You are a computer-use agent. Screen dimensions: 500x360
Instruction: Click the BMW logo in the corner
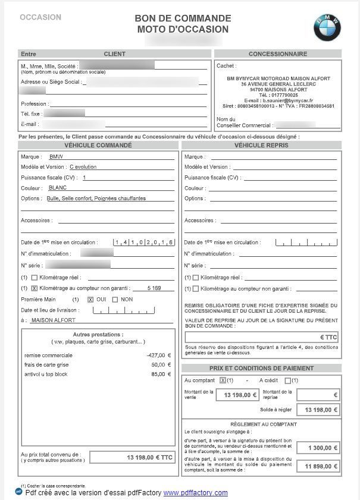(328, 27)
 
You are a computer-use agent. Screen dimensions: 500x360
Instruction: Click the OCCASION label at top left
(40, 17)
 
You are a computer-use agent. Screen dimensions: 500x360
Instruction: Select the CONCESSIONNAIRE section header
(277, 54)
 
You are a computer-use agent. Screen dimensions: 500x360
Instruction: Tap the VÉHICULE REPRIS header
(262, 144)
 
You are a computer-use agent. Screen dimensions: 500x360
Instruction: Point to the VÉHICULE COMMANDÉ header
(98, 144)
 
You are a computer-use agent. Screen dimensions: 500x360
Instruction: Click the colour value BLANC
(58, 188)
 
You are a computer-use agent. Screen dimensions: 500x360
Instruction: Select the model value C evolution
(83, 167)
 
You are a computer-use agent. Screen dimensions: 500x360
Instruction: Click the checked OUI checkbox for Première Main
(90, 299)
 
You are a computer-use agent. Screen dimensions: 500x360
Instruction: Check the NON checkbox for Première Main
(115, 299)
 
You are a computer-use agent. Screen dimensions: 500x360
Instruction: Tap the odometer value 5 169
(154, 288)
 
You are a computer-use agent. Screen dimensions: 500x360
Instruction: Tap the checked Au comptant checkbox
(223, 380)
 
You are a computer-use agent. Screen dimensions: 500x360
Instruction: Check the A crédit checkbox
(288, 380)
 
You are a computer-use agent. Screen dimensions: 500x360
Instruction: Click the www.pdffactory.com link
(196, 493)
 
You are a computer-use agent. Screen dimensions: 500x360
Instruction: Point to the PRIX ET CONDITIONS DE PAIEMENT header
(262, 368)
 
